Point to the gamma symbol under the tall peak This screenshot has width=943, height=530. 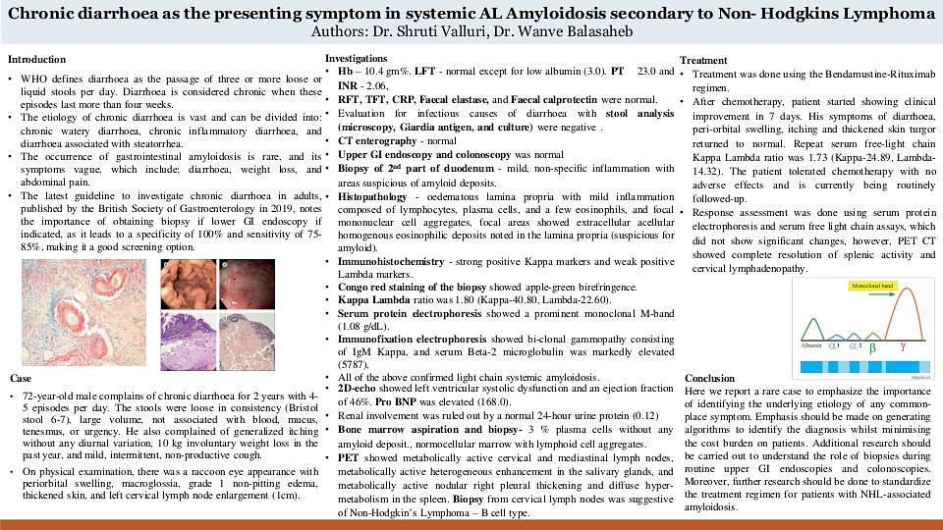[903, 346]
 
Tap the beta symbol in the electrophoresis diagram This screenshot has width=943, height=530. [873, 346]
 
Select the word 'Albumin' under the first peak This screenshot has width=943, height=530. [811, 346]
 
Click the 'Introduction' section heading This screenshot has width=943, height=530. [36, 60]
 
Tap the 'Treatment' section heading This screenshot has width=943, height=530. [703, 61]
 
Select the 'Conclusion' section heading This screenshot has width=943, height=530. [709, 378]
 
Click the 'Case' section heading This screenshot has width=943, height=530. [21, 378]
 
